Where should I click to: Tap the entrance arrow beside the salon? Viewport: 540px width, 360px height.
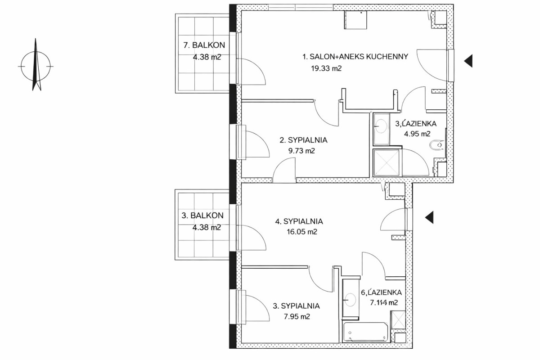click(468, 61)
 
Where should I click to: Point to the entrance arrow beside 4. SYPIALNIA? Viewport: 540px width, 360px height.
click(429, 217)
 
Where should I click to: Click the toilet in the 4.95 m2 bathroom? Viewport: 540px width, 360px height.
click(436, 145)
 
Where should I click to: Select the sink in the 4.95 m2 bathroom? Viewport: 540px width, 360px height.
click(381, 126)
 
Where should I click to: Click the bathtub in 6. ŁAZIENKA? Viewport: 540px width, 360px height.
click(365, 332)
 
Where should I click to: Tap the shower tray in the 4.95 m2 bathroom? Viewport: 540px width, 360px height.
click(386, 162)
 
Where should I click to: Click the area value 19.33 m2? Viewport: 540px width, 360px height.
click(326, 68)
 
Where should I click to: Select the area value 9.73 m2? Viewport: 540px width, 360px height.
click(301, 151)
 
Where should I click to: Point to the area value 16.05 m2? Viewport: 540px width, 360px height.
click(302, 232)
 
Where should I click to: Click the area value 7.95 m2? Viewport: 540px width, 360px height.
click(297, 316)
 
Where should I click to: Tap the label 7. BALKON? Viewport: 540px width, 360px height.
click(204, 45)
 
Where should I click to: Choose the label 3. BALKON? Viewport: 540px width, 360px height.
click(202, 215)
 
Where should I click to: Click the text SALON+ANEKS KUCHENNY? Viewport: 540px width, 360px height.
click(359, 57)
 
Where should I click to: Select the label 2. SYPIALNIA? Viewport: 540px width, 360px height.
click(303, 140)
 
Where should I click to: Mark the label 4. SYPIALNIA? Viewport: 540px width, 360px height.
click(299, 221)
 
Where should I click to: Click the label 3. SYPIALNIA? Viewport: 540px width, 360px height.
click(296, 306)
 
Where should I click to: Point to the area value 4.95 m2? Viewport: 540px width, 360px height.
click(417, 134)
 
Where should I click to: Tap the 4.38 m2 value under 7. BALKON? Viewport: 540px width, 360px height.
click(207, 57)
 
